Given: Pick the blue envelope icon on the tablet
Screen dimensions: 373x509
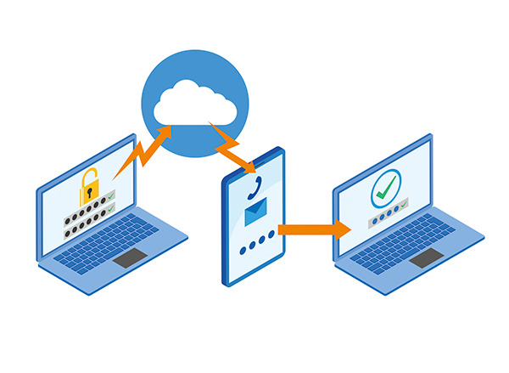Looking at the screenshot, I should click(256, 216).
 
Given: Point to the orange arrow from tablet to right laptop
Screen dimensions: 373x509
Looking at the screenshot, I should click(315, 229).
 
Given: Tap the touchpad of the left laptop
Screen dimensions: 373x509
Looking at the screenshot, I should click(130, 258).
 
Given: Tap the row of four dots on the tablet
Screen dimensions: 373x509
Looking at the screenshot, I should click(256, 249).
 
